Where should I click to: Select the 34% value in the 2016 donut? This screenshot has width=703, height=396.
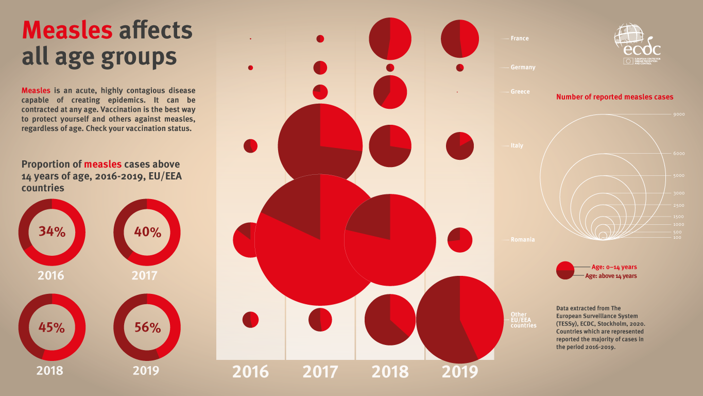[x=52, y=232]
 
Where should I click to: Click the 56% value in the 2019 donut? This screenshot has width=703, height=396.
[x=147, y=327]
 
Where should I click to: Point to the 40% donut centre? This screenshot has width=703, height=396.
[x=147, y=232]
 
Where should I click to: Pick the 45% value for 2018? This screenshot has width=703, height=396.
[x=52, y=327]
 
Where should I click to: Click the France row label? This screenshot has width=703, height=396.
[x=519, y=39]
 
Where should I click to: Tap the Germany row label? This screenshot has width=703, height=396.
[x=523, y=68]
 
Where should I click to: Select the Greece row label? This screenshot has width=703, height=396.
[x=520, y=92]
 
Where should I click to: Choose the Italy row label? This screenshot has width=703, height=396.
[x=517, y=146]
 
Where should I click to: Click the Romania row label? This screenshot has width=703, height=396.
[x=522, y=240]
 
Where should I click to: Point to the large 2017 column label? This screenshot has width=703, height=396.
[x=320, y=372]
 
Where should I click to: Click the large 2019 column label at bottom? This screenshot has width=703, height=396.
[x=460, y=372]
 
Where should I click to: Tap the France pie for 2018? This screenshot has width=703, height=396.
[x=390, y=39]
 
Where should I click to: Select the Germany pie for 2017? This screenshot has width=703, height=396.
[x=320, y=68]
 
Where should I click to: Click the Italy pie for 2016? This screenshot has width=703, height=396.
[x=250, y=146]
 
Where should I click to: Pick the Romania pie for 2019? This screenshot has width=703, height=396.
[x=460, y=240]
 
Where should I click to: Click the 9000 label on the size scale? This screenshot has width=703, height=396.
[x=679, y=114]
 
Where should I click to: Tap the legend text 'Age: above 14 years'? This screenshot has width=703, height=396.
[x=611, y=276]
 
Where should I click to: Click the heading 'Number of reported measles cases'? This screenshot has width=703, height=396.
[x=614, y=97]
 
